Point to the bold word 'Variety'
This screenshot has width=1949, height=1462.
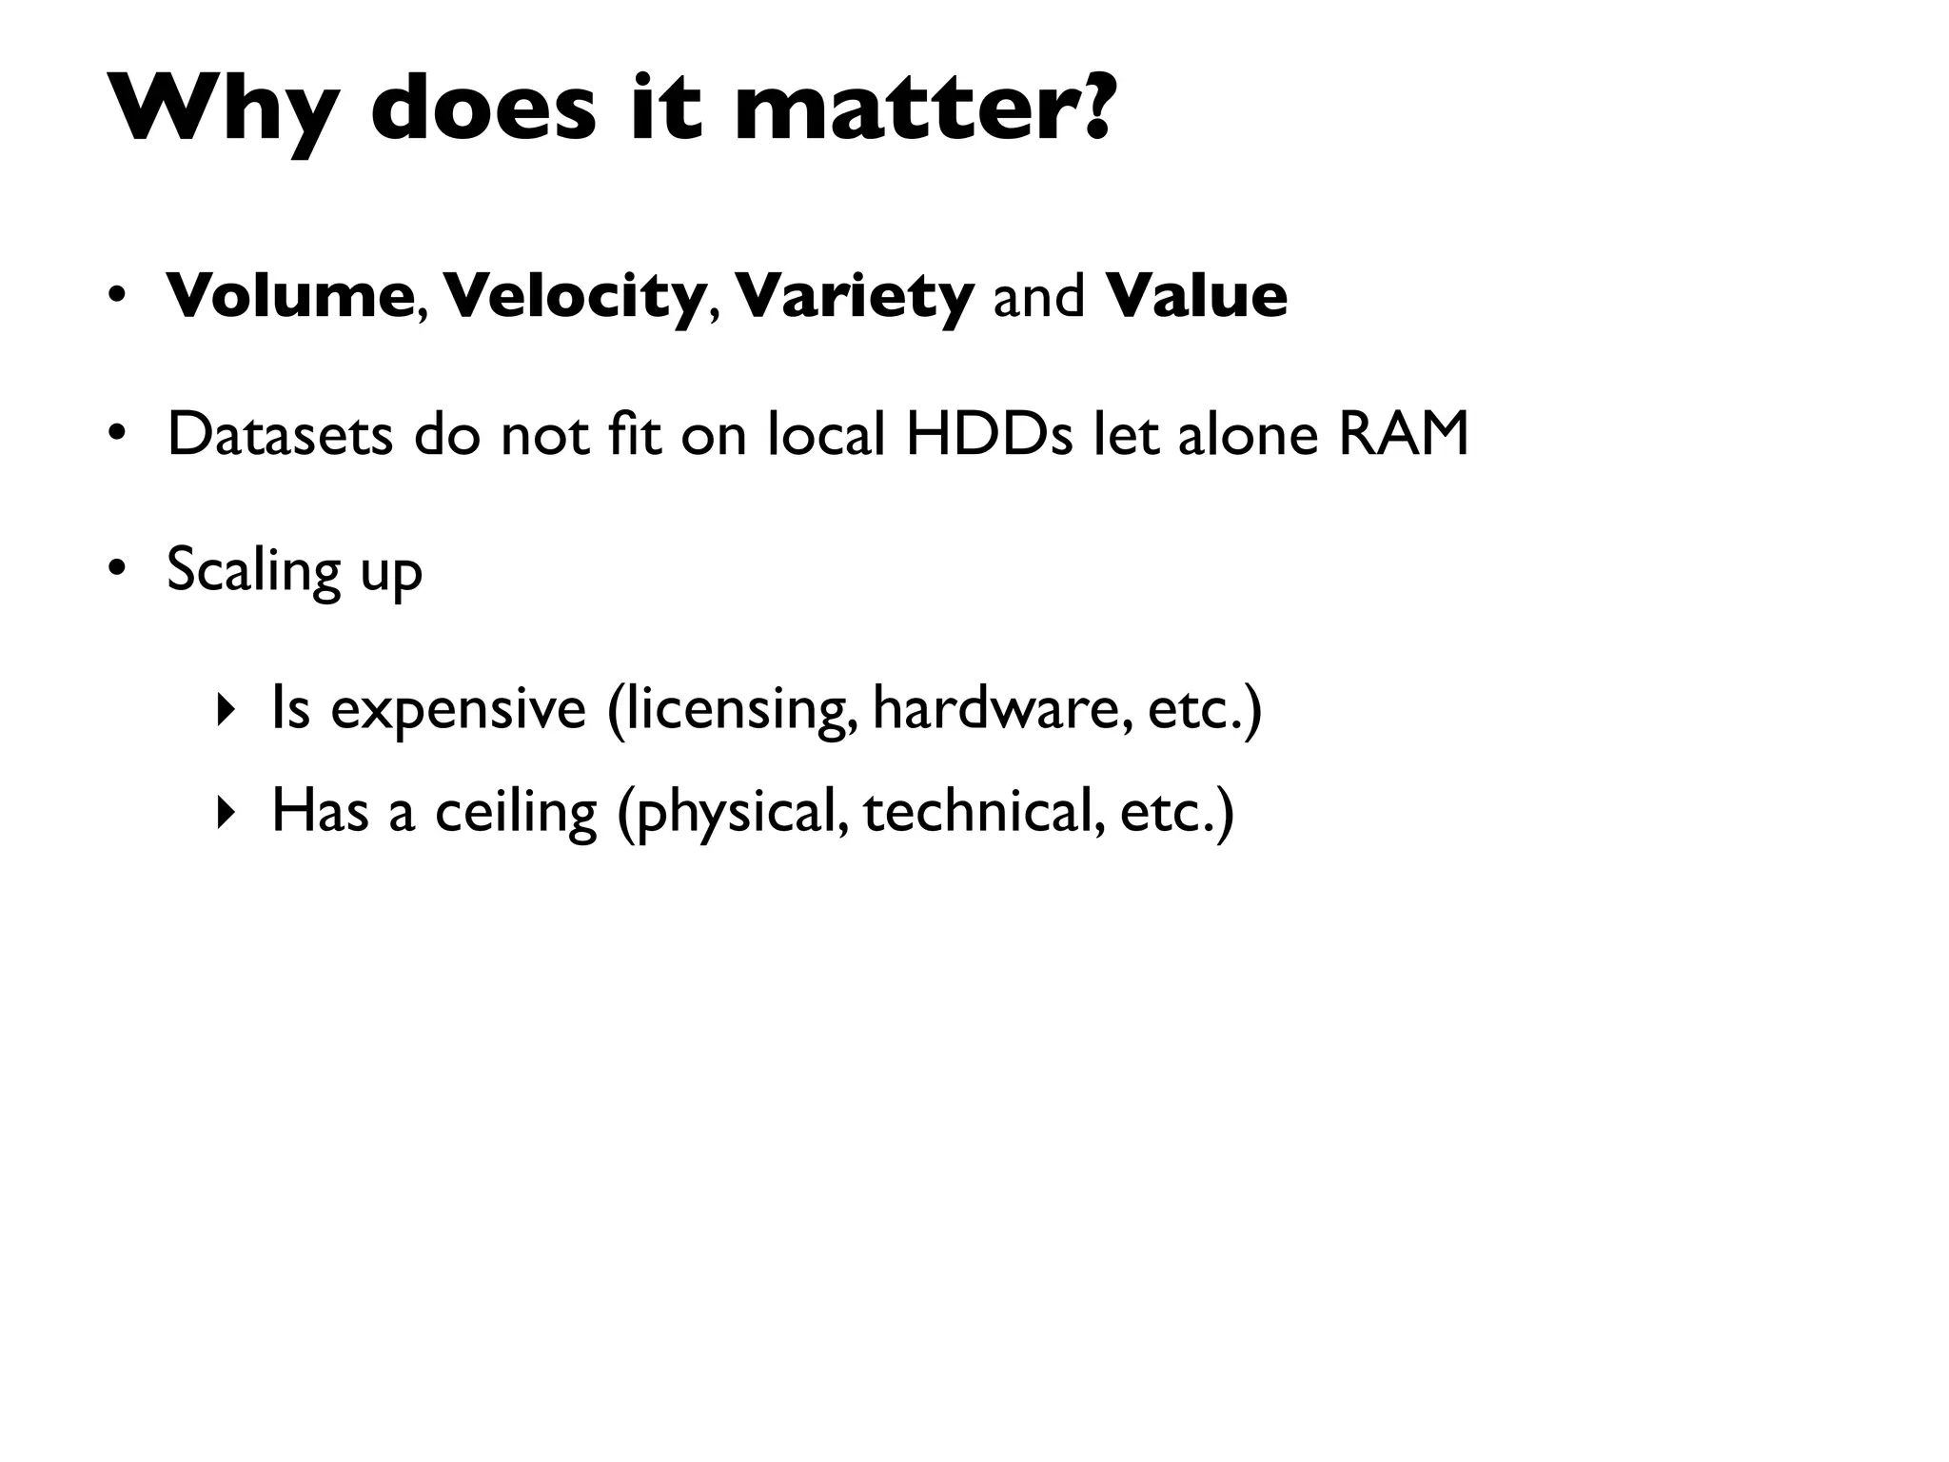[854, 297]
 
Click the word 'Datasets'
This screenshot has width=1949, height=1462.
[280, 434]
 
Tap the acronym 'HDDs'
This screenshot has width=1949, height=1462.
[990, 434]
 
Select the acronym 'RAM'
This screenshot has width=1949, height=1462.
[1404, 434]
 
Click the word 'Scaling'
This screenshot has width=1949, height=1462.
[253, 571]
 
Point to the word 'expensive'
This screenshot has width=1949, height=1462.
[458, 709]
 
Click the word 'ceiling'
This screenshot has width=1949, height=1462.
[516, 813]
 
